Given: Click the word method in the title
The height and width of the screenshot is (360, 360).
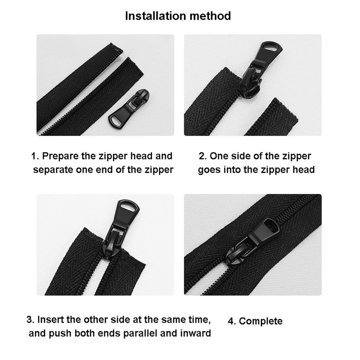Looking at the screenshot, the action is pyautogui.click(x=210, y=16).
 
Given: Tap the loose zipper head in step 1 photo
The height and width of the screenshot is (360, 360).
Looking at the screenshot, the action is pyautogui.click(x=129, y=108).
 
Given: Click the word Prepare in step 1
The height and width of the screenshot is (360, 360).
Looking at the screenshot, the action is pyautogui.click(x=60, y=156).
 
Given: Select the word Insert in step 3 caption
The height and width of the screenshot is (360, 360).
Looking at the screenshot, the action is pyautogui.click(x=50, y=319).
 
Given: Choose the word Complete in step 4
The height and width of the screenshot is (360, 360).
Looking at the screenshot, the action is pyautogui.click(x=261, y=321).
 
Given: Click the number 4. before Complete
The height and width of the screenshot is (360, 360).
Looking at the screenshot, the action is pyautogui.click(x=232, y=321).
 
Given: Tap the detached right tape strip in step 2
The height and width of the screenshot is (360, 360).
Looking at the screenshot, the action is pyautogui.click(x=271, y=117).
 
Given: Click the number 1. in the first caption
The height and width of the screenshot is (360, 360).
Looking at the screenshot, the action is pyautogui.click(x=35, y=156).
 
